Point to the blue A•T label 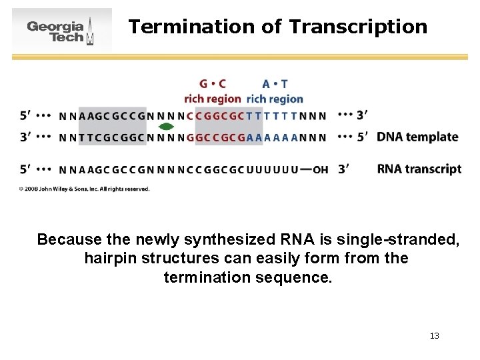point(275,85)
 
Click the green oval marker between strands point(167,126)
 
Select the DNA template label point(417,137)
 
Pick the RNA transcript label point(419,169)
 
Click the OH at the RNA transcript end point(320,169)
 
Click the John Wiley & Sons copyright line point(84,189)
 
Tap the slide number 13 point(435,335)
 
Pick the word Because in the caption point(65,239)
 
